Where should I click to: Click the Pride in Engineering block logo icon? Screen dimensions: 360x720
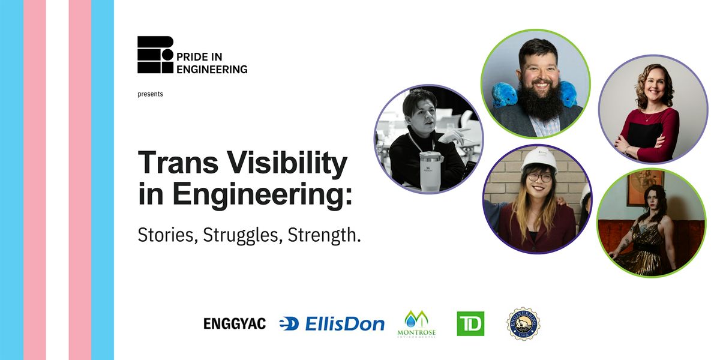155,55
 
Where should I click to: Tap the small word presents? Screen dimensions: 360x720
150,94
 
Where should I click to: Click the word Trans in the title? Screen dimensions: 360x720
172,164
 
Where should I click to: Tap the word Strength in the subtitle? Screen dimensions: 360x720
324,235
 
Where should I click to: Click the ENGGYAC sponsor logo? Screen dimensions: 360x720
235,324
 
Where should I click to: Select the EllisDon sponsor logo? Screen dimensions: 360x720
332,324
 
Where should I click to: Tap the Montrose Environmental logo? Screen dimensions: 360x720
416,324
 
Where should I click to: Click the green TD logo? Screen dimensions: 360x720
470,324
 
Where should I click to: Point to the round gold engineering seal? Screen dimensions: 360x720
523,324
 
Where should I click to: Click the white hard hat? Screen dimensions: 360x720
538,159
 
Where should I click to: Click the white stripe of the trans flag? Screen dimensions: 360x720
57,180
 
